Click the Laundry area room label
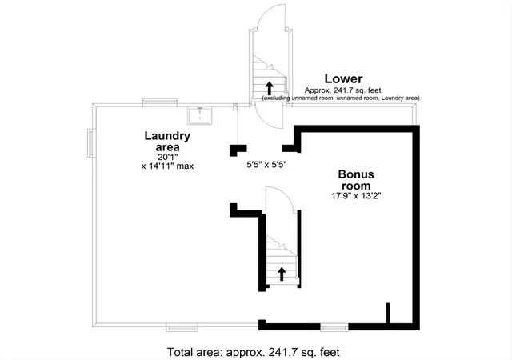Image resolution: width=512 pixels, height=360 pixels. tap(167, 141)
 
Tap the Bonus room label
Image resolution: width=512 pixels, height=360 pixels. tap(356, 180)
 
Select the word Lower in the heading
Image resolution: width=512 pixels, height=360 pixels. tap(343, 78)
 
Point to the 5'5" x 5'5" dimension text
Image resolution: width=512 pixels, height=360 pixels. tap(266, 164)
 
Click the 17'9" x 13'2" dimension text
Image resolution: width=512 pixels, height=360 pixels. tap(356, 196)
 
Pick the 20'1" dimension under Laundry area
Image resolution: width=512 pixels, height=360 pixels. tap(167, 157)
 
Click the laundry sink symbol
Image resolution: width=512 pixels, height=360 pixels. tap(200, 116)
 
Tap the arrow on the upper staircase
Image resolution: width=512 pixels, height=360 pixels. tap(269, 88)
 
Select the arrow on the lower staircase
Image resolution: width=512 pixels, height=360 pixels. tap(282, 274)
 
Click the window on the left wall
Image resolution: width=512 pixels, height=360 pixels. tap(91, 143)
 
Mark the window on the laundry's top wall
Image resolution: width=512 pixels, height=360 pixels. tap(160, 102)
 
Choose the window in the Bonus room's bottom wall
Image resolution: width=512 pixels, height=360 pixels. tap(334, 326)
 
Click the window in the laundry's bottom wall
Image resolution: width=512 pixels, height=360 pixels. tap(182, 327)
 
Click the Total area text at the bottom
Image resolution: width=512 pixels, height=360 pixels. tap(254, 352)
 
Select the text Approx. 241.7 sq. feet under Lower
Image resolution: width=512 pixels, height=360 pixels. tap(343, 90)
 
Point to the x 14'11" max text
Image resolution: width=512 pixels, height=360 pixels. tap(167, 166)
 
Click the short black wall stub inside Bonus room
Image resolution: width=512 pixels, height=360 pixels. tap(388, 313)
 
